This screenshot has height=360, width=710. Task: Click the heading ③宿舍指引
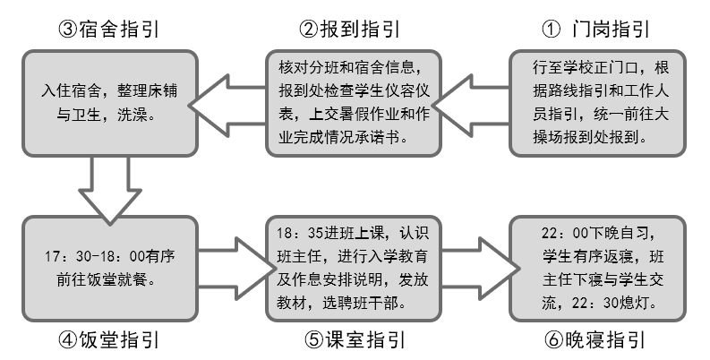click(x=108, y=28)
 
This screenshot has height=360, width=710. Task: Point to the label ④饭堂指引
click(x=108, y=340)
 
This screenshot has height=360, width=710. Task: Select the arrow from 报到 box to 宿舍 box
click(x=232, y=100)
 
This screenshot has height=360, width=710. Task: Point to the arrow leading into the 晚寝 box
click(x=477, y=268)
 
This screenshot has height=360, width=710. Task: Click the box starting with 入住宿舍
click(x=108, y=100)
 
